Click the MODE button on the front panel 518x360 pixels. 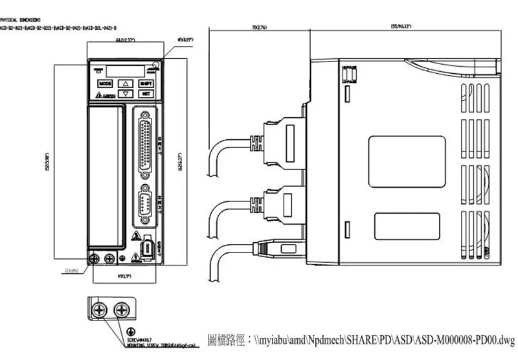tap(106, 84)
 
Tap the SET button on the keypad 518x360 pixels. tap(146, 93)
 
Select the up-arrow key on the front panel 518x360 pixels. tap(126, 84)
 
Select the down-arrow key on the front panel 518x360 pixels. tap(126, 93)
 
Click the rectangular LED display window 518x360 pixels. tap(126, 70)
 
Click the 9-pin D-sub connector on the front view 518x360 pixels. tap(146, 202)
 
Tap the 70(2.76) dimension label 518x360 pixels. tap(258, 27)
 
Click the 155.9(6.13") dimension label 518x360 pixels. tap(403, 27)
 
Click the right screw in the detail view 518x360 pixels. tap(120, 309)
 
